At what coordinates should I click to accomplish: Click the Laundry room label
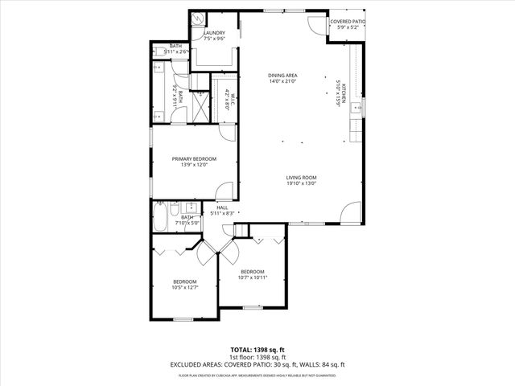click(x=214, y=33)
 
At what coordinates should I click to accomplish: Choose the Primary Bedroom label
click(x=194, y=159)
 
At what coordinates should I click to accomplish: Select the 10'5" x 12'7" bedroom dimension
click(x=185, y=287)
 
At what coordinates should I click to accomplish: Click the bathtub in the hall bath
click(x=162, y=218)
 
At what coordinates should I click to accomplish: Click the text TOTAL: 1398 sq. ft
click(x=257, y=350)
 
